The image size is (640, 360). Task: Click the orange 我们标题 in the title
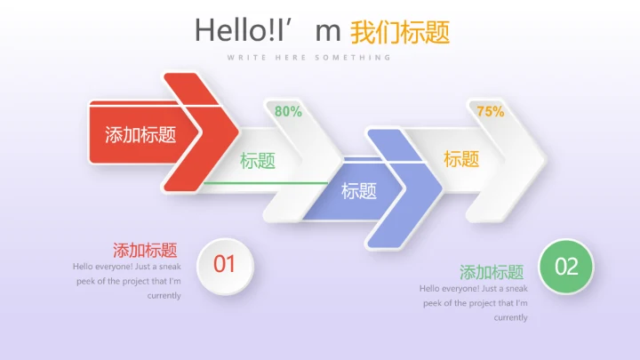pos(400,32)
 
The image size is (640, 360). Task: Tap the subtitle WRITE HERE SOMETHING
pos(308,58)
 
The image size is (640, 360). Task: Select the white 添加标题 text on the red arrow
pos(140,135)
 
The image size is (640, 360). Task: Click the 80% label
pos(288,112)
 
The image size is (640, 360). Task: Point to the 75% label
pos(491,112)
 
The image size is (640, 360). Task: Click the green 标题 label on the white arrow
pos(258,161)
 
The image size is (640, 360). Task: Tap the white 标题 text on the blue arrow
pos(359,190)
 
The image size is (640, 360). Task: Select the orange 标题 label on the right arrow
pos(461,159)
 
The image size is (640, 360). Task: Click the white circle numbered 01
pos(224,264)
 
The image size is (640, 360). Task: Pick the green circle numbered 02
pos(566,266)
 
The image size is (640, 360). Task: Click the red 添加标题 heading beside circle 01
pos(145,251)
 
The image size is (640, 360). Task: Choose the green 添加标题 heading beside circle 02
pos(492,273)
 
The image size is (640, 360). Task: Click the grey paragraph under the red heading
pos(127,281)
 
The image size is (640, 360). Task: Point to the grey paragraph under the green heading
pos(474,303)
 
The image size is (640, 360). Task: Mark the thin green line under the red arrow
pos(267,183)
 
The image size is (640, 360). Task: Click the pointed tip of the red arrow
pos(237,132)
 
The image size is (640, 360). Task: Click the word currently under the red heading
pos(164,296)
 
